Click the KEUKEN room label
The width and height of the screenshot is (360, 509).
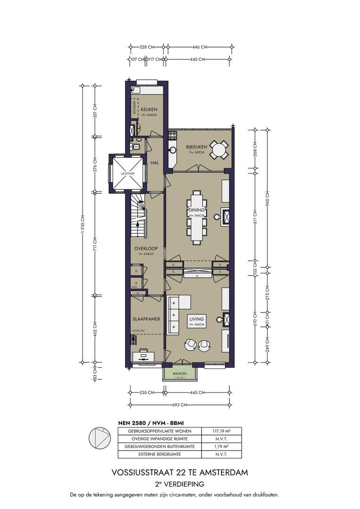pos(149,109)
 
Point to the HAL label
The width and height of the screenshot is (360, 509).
pos(154,163)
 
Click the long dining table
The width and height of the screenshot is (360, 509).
pos(196,216)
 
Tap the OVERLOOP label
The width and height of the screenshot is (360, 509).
pos(145,248)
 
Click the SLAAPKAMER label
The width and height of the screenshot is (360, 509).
pos(146,319)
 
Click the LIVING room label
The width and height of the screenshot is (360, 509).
pos(196,319)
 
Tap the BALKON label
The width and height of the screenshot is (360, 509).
pos(179,373)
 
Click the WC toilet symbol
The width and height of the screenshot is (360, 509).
pos(136,146)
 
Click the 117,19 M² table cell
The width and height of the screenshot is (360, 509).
pos(221,431)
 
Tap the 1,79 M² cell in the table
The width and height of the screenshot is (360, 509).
pos(221,447)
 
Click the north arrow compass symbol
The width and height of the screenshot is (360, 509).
pos(100,439)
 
